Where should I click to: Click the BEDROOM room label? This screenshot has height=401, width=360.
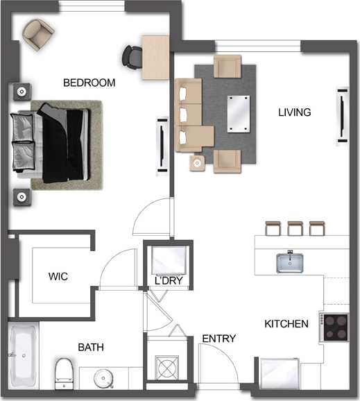[x=89, y=83]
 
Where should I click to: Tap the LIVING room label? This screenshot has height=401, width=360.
[x=294, y=112]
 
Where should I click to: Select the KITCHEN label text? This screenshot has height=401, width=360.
[x=286, y=323]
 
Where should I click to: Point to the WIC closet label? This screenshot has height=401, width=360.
[x=58, y=276]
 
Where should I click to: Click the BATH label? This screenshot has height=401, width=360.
[x=91, y=346]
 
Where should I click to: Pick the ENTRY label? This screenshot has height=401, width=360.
[x=218, y=339]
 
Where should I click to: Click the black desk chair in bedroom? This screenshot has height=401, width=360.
[x=131, y=56]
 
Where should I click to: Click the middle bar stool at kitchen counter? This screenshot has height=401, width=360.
[x=295, y=228]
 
